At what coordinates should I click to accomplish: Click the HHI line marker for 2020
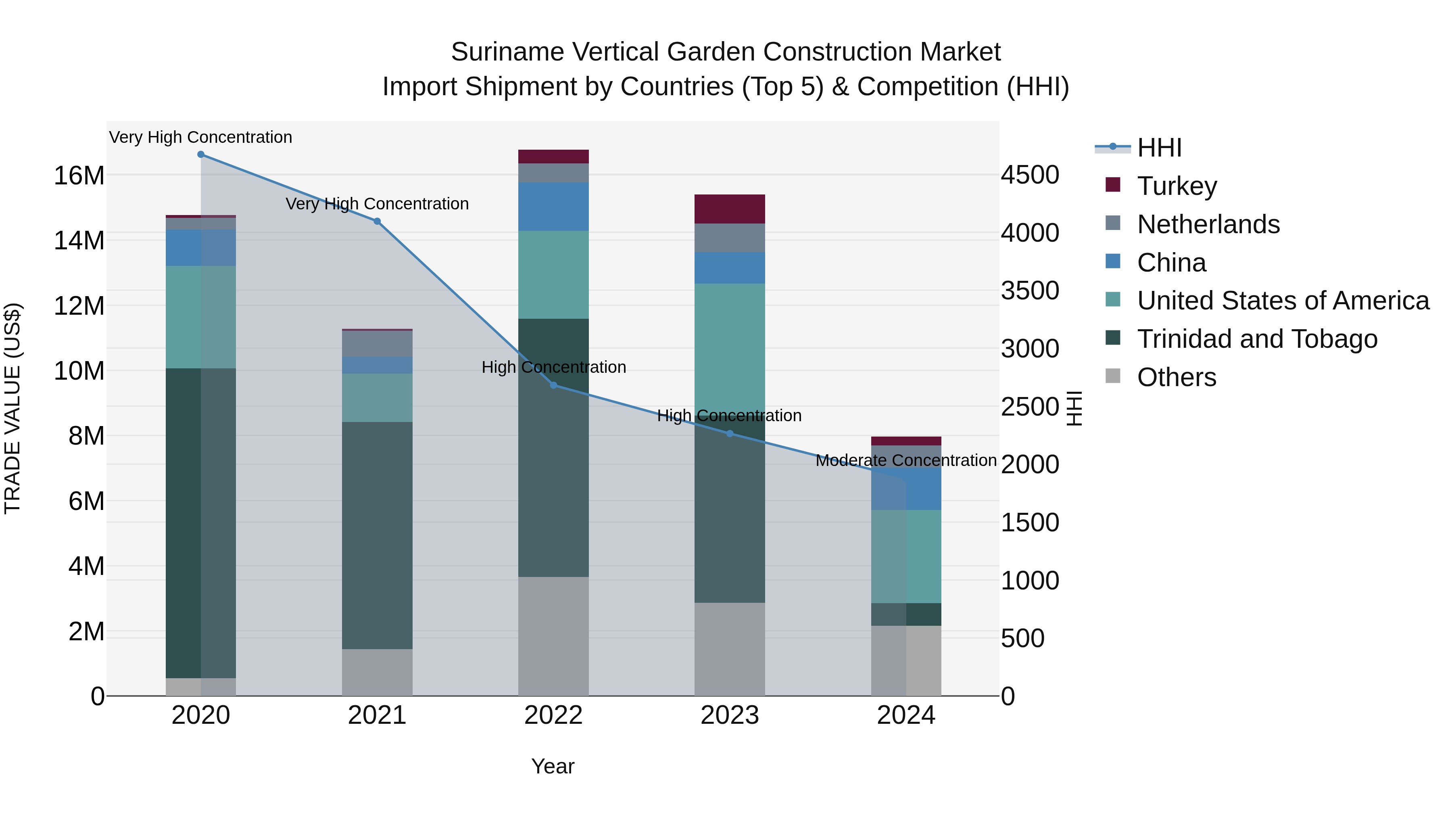click(201, 155)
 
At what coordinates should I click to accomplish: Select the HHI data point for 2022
click(553, 385)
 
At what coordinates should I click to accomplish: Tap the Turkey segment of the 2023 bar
click(729, 209)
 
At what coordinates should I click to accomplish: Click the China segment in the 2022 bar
click(553, 206)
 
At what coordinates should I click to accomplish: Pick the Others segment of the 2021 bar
click(377, 672)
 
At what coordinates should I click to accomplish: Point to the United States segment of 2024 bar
click(906, 556)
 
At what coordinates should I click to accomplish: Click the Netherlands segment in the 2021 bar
click(377, 344)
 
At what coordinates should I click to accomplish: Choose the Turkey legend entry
click(1177, 186)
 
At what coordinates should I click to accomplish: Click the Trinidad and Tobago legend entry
click(1257, 339)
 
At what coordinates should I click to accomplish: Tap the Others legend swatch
click(1113, 376)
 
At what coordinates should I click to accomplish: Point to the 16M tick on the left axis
click(79, 176)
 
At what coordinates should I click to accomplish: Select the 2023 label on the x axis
click(729, 715)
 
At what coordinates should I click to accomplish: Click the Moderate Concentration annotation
click(906, 461)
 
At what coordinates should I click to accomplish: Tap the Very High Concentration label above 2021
click(377, 204)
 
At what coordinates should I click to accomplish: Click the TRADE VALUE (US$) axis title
click(13, 408)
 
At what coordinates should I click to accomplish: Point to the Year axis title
click(553, 766)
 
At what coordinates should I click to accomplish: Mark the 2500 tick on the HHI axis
click(1030, 407)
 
